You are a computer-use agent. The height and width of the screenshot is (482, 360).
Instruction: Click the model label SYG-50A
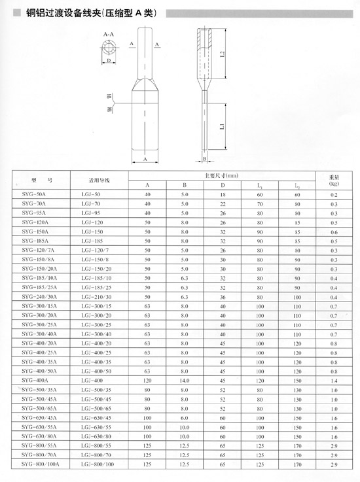pos(33,194)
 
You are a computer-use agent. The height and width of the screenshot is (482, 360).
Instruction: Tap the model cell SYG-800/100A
pos(41,464)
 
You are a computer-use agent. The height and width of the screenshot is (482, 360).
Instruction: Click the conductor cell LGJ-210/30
pos(96,297)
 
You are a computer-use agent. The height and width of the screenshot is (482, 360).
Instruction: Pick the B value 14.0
pos(185,381)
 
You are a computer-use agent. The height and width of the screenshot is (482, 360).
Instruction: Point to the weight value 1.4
pos(334,381)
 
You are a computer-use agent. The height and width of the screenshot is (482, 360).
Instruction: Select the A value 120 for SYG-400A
pos(147,381)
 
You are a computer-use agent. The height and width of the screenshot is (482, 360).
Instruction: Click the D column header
pos(223,185)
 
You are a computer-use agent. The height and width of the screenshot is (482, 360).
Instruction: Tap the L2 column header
pos(297,185)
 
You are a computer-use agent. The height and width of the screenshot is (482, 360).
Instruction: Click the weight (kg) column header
pos(334,181)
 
